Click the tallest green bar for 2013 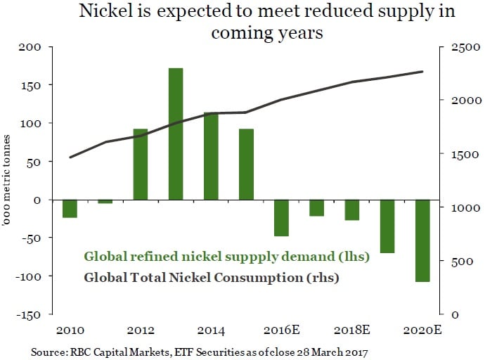tap(176, 134)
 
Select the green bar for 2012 tap(141, 165)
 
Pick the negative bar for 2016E tap(281, 218)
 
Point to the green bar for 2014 tap(211, 156)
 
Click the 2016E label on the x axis tap(280, 330)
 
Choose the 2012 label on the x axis tap(141, 330)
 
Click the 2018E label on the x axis tap(351, 330)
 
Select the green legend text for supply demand tap(226, 257)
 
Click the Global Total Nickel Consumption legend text tap(212, 277)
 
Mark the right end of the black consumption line tap(422, 72)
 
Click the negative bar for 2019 tap(387, 226)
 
